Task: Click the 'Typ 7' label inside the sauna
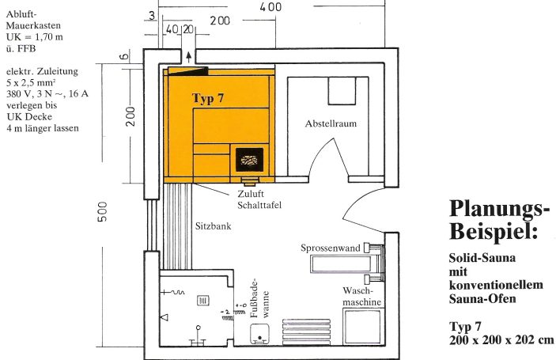pyautogui.click(x=208, y=98)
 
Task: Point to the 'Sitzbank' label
pyautogui.click(x=213, y=225)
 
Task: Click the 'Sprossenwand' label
pyautogui.click(x=330, y=248)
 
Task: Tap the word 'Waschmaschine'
pyautogui.click(x=363, y=297)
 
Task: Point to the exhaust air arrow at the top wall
pyautogui.click(x=187, y=56)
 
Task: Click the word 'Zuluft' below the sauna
pyautogui.click(x=250, y=193)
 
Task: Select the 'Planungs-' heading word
pyautogui.click(x=498, y=209)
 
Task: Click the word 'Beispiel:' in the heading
pyautogui.click(x=494, y=232)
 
